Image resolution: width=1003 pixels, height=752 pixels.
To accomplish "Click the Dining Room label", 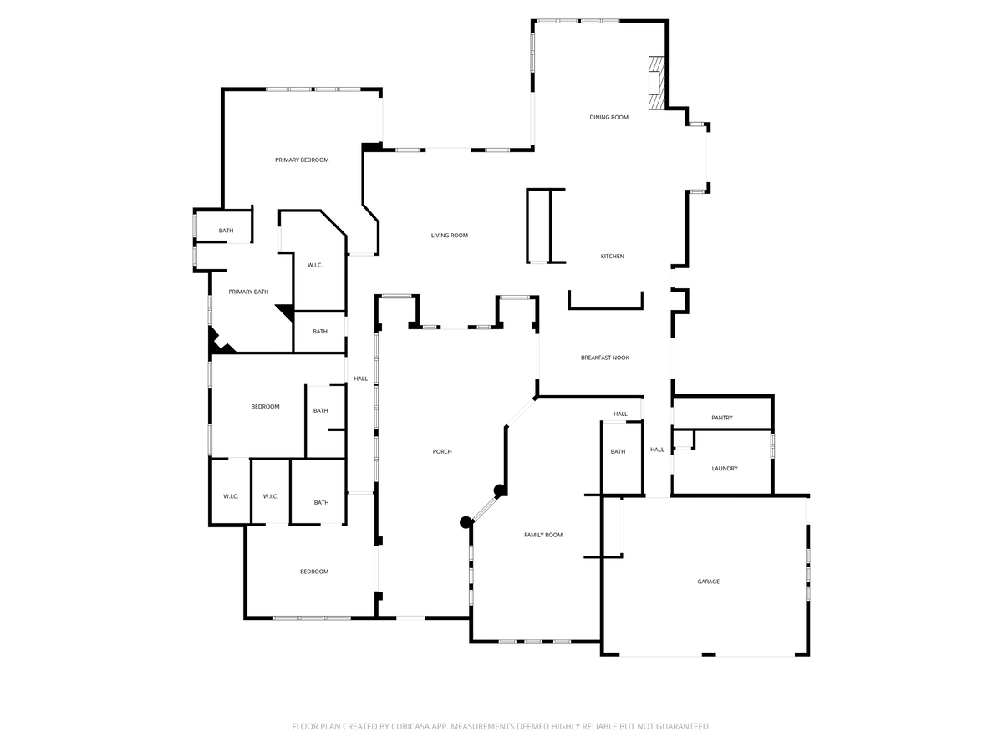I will click(608, 118).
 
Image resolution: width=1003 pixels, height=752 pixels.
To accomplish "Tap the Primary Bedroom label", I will click(302, 160).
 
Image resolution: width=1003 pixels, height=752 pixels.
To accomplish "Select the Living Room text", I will click(449, 236).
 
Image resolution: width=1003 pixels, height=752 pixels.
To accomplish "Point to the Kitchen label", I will click(612, 257).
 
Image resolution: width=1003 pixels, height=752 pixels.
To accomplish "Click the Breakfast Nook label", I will click(604, 358).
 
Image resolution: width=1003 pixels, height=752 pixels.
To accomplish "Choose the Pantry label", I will click(721, 418).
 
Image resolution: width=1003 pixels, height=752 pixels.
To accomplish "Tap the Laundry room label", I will click(724, 469).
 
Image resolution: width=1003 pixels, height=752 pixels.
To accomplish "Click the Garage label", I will click(708, 582).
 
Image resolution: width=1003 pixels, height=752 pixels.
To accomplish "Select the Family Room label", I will click(543, 535).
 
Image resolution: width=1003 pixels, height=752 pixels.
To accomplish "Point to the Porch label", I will click(441, 452).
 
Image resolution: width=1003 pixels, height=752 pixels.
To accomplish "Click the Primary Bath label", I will click(248, 292).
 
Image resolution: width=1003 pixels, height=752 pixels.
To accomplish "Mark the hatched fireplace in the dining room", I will click(658, 83).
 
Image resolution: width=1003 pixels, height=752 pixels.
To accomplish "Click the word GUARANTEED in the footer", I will click(680, 727).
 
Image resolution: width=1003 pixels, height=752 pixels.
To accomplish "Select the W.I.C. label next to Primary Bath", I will click(315, 265).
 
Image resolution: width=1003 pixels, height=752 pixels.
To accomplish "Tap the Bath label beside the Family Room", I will click(618, 452).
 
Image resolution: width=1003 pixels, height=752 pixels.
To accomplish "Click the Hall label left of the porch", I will click(360, 379).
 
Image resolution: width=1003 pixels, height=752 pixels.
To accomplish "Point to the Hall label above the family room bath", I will click(620, 414).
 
